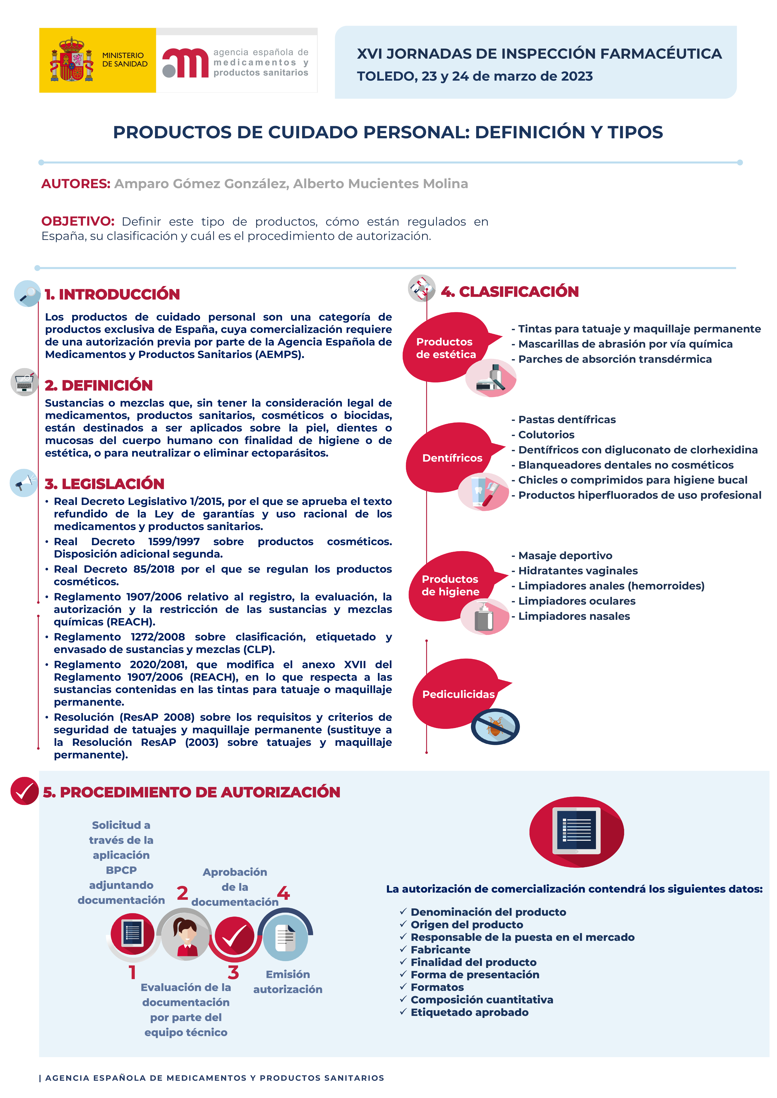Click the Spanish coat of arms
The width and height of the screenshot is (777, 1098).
(x=72, y=60)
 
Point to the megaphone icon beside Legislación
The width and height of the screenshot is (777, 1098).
(x=23, y=483)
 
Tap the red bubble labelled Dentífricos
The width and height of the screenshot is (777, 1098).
(x=452, y=458)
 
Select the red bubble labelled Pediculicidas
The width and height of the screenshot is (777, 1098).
(x=458, y=694)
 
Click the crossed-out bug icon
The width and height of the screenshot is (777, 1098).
(x=495, y=726)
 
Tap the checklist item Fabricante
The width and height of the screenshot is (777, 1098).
(x=440, y=950)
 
